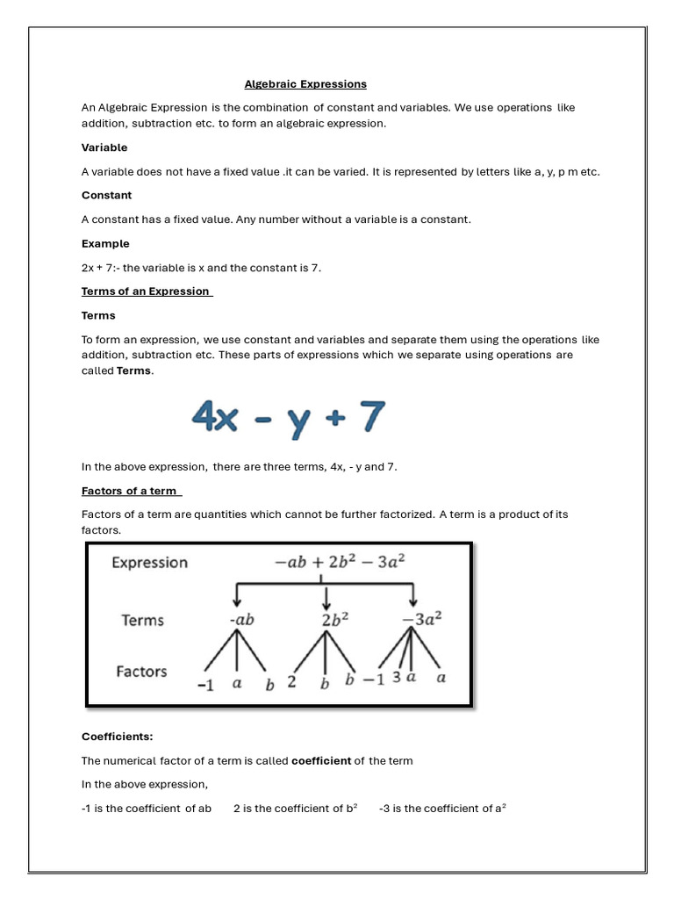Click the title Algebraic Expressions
(x=305, y=84)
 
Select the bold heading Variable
(x=104, y=147)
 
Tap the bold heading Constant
(x=106, y=195)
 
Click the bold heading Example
(x=105, y=243)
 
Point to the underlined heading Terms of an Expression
(x=147, y=291)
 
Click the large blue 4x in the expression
(x=215, y=418)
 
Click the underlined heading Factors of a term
(x=131, y=491)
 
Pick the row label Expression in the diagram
(x=149, y=563)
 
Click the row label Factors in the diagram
(x=141, y=672)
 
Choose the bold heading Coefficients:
(x=117, y=737)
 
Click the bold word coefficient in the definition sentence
(x=321, y=760)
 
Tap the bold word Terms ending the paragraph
(x=134, y=370)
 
